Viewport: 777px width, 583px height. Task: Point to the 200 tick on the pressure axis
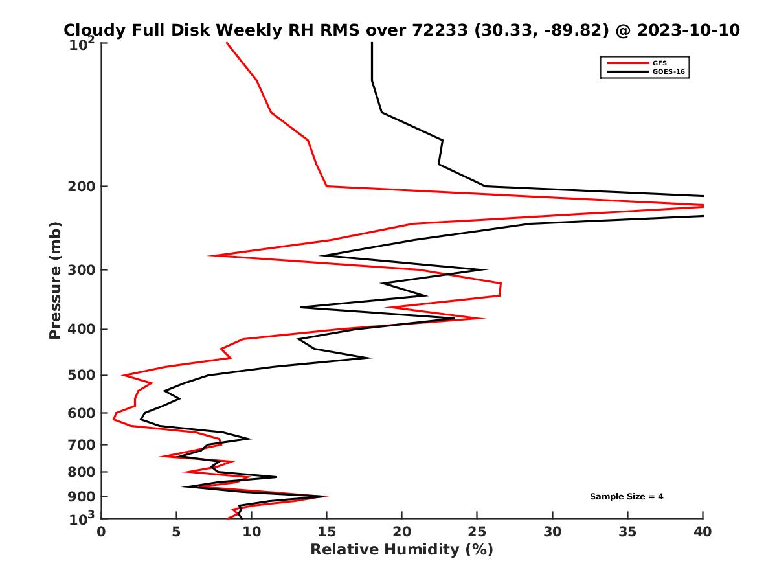pos(82,187)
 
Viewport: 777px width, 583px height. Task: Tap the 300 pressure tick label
pos(82,270)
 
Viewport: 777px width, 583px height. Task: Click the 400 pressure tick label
pos(82,329)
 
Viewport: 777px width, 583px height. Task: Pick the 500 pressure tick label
pos(82,375)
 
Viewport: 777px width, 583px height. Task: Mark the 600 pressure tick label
pos(82,413)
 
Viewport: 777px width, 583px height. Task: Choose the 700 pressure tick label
pos(82,445)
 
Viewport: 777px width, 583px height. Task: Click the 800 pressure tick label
pos(82,472)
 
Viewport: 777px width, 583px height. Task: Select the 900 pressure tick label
pos(82,497)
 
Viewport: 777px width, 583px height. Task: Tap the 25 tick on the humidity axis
pos(477,532)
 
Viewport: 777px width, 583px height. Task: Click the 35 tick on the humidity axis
pos(627,532)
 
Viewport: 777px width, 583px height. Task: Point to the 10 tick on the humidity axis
pos(251,532)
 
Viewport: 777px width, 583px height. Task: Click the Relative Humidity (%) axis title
pos(401,550)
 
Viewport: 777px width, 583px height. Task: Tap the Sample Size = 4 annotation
pos(626,497)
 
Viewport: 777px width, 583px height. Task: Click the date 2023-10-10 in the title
pos(688,30)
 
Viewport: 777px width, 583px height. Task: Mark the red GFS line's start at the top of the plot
pos(226,43)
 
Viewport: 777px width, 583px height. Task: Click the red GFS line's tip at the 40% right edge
pos(703,206)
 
